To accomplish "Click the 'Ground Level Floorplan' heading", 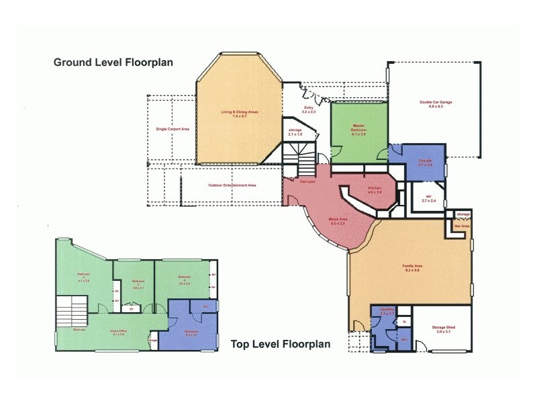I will tap(113, 62).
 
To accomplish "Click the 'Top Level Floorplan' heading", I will tap(281, 344).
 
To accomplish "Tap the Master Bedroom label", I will tap(358, 128).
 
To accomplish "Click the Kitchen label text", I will tap(375, 189).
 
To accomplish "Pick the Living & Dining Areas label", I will tap(240, 114).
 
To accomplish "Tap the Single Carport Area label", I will tap(173, 129).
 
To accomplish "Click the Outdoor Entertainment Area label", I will tap(232, 185).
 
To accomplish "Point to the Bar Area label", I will tap(461, 227).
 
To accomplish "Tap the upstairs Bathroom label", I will tap(191, 332).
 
